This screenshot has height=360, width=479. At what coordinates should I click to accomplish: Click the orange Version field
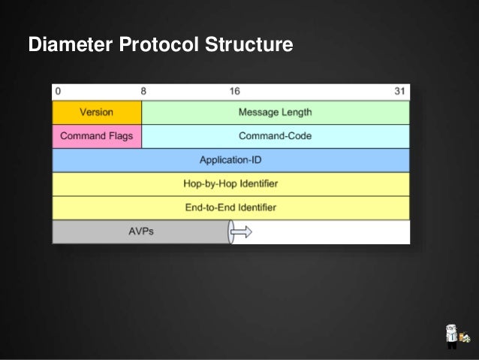tap(96, 112)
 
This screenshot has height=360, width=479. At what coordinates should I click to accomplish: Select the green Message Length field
tap(275, 112)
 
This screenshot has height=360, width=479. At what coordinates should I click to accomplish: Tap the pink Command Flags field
tap(96, 136)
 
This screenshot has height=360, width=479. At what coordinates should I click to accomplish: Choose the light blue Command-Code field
tap(275, 136)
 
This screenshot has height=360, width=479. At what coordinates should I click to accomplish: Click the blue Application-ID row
tap(230, 160)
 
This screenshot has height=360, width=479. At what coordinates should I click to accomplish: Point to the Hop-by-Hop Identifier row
tap(230, 183)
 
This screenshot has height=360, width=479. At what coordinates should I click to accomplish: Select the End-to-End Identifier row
tap(230, 207)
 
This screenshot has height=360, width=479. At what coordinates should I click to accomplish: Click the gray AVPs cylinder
tap(140, 231)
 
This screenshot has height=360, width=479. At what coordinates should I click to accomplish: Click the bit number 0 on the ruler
tap(57, 91)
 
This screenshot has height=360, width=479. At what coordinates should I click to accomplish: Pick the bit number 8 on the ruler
tap(143, 91)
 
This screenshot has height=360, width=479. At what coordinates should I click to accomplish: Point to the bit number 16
tap(235, 91)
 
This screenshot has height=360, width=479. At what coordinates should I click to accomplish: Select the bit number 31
tap(400, 91)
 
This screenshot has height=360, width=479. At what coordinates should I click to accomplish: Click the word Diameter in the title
tap(70, 47)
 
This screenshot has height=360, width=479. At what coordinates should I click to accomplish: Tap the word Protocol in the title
tap(156, 47)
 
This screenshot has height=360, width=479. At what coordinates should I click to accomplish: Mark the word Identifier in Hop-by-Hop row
tap(257, 183)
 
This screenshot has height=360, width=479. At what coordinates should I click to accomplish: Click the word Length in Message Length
tap(297, 112)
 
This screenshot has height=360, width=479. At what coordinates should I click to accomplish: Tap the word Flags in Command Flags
tap(120, 136)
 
